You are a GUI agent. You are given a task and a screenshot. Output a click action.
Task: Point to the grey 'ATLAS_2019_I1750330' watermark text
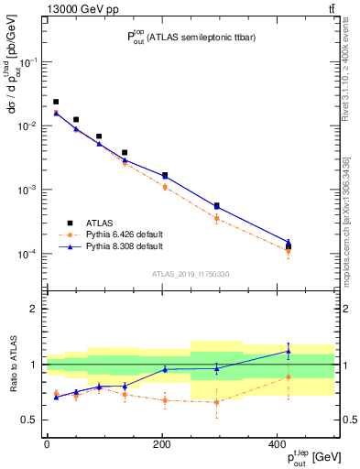[190, 274]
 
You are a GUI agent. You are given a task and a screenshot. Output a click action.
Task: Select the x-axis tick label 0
[47, 444]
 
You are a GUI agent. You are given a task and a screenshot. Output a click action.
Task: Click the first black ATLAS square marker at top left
[56, 103]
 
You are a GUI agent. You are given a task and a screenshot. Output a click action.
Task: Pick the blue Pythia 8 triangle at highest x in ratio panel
[289, 351]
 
